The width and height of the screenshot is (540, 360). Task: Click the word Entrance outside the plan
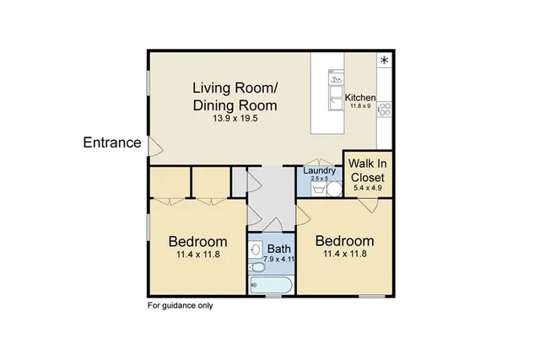pyautogui.click(x=111, y=142)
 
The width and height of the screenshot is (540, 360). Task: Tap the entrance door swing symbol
pyautogui.click(x=154, y=148)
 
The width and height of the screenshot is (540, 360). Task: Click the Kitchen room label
pyautogui.click(x=360, y=98)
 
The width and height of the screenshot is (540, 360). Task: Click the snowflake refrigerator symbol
pyautogui.click(x=384, y=61)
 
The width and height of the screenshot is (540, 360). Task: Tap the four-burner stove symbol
pyautogui.click(x=384, y=108)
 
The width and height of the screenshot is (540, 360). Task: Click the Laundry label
pyautogui.click(x=320, y=171)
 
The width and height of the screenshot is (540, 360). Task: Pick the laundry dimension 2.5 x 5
pyautogui.click(x=320, y=179)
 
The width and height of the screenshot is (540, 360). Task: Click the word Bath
pyautogui.click(x=278, y=249)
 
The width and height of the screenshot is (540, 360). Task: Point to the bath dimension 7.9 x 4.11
pyautogui.click(x=278, y=260)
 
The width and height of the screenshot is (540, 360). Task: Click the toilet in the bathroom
pyautogui.click(x=256, y=267)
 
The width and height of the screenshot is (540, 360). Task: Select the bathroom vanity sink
pyautogui.click(x=256, y=250)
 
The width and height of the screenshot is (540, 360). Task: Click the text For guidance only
pyautogui.click(x=181, y=305)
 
